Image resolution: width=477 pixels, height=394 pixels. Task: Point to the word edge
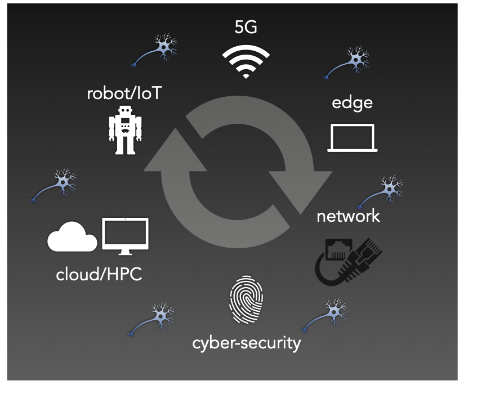coord(352,102)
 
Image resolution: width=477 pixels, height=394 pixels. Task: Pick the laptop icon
coord(353,138)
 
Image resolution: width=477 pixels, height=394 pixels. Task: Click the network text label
coord(348,216)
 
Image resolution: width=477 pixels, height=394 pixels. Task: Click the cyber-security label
coord(246,342)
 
